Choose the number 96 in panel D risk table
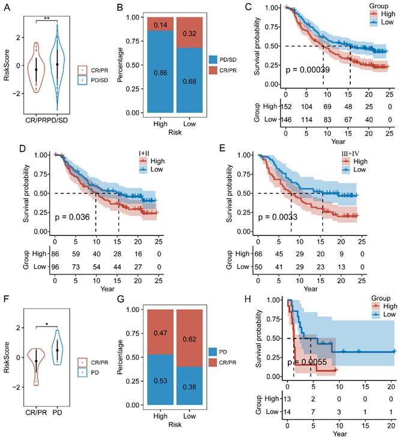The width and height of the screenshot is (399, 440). coord(55,266)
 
